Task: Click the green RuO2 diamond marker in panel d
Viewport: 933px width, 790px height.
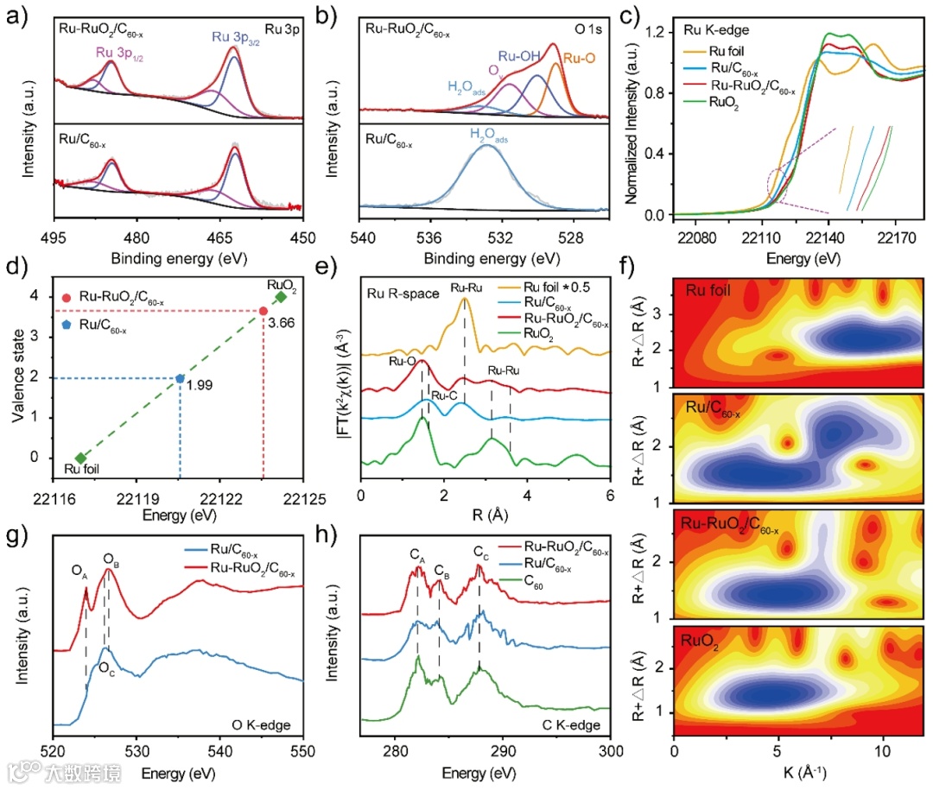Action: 280,297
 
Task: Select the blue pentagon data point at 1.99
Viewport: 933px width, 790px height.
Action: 180,378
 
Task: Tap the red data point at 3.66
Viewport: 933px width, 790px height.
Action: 263,311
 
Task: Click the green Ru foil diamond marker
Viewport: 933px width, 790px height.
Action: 80,458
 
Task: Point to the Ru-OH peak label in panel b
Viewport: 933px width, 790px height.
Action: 519,57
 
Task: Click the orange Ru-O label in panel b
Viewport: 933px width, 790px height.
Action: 578,59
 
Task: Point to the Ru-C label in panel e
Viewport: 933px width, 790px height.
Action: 444,396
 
